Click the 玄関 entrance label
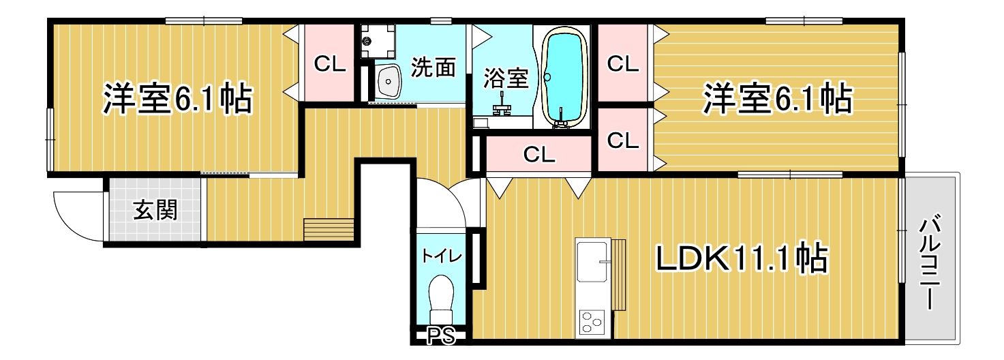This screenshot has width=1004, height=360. (x=155, y=210)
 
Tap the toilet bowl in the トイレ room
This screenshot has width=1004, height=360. (x=442, y=299)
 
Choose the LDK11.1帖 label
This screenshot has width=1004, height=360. (x=742, y=259)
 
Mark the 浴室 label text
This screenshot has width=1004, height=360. (x=506, y=78)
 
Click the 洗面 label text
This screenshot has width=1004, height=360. (x=433, y=67)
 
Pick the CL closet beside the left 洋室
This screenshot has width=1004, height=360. (x=330, y=63)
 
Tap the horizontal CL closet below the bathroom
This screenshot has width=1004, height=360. (x=539, y=154)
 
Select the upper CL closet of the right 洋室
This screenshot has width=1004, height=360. (x=622, y=63)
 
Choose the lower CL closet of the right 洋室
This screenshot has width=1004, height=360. (x=622, y=140)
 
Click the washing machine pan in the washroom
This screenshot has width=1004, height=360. (x=379, y=41)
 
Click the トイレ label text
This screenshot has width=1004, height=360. (x=442, y=256)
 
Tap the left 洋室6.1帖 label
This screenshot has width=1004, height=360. (x=178, y=98)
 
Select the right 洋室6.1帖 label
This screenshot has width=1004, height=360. (x=778, y=98)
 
